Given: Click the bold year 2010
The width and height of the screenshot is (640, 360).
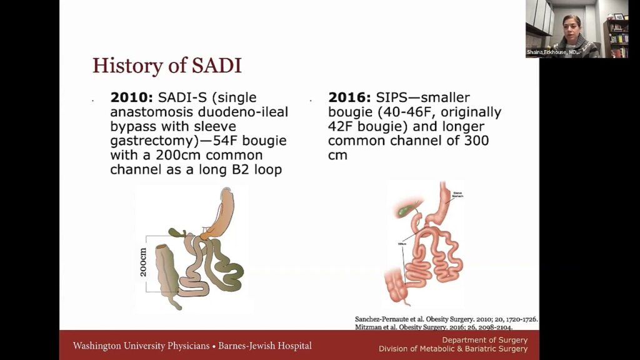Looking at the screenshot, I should coord(131,98).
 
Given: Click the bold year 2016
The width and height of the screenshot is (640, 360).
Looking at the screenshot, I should coord(349,98).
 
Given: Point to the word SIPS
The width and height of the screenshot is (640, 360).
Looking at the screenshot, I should coord(396,98).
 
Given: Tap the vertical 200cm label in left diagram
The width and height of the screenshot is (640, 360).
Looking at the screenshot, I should coord(143,262).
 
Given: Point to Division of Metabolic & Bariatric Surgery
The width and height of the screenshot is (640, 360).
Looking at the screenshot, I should coord(452,349).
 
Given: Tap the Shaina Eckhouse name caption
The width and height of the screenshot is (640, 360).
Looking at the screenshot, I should coord(554,52).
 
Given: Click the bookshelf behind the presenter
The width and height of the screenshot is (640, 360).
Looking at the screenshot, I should coord(617,34).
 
